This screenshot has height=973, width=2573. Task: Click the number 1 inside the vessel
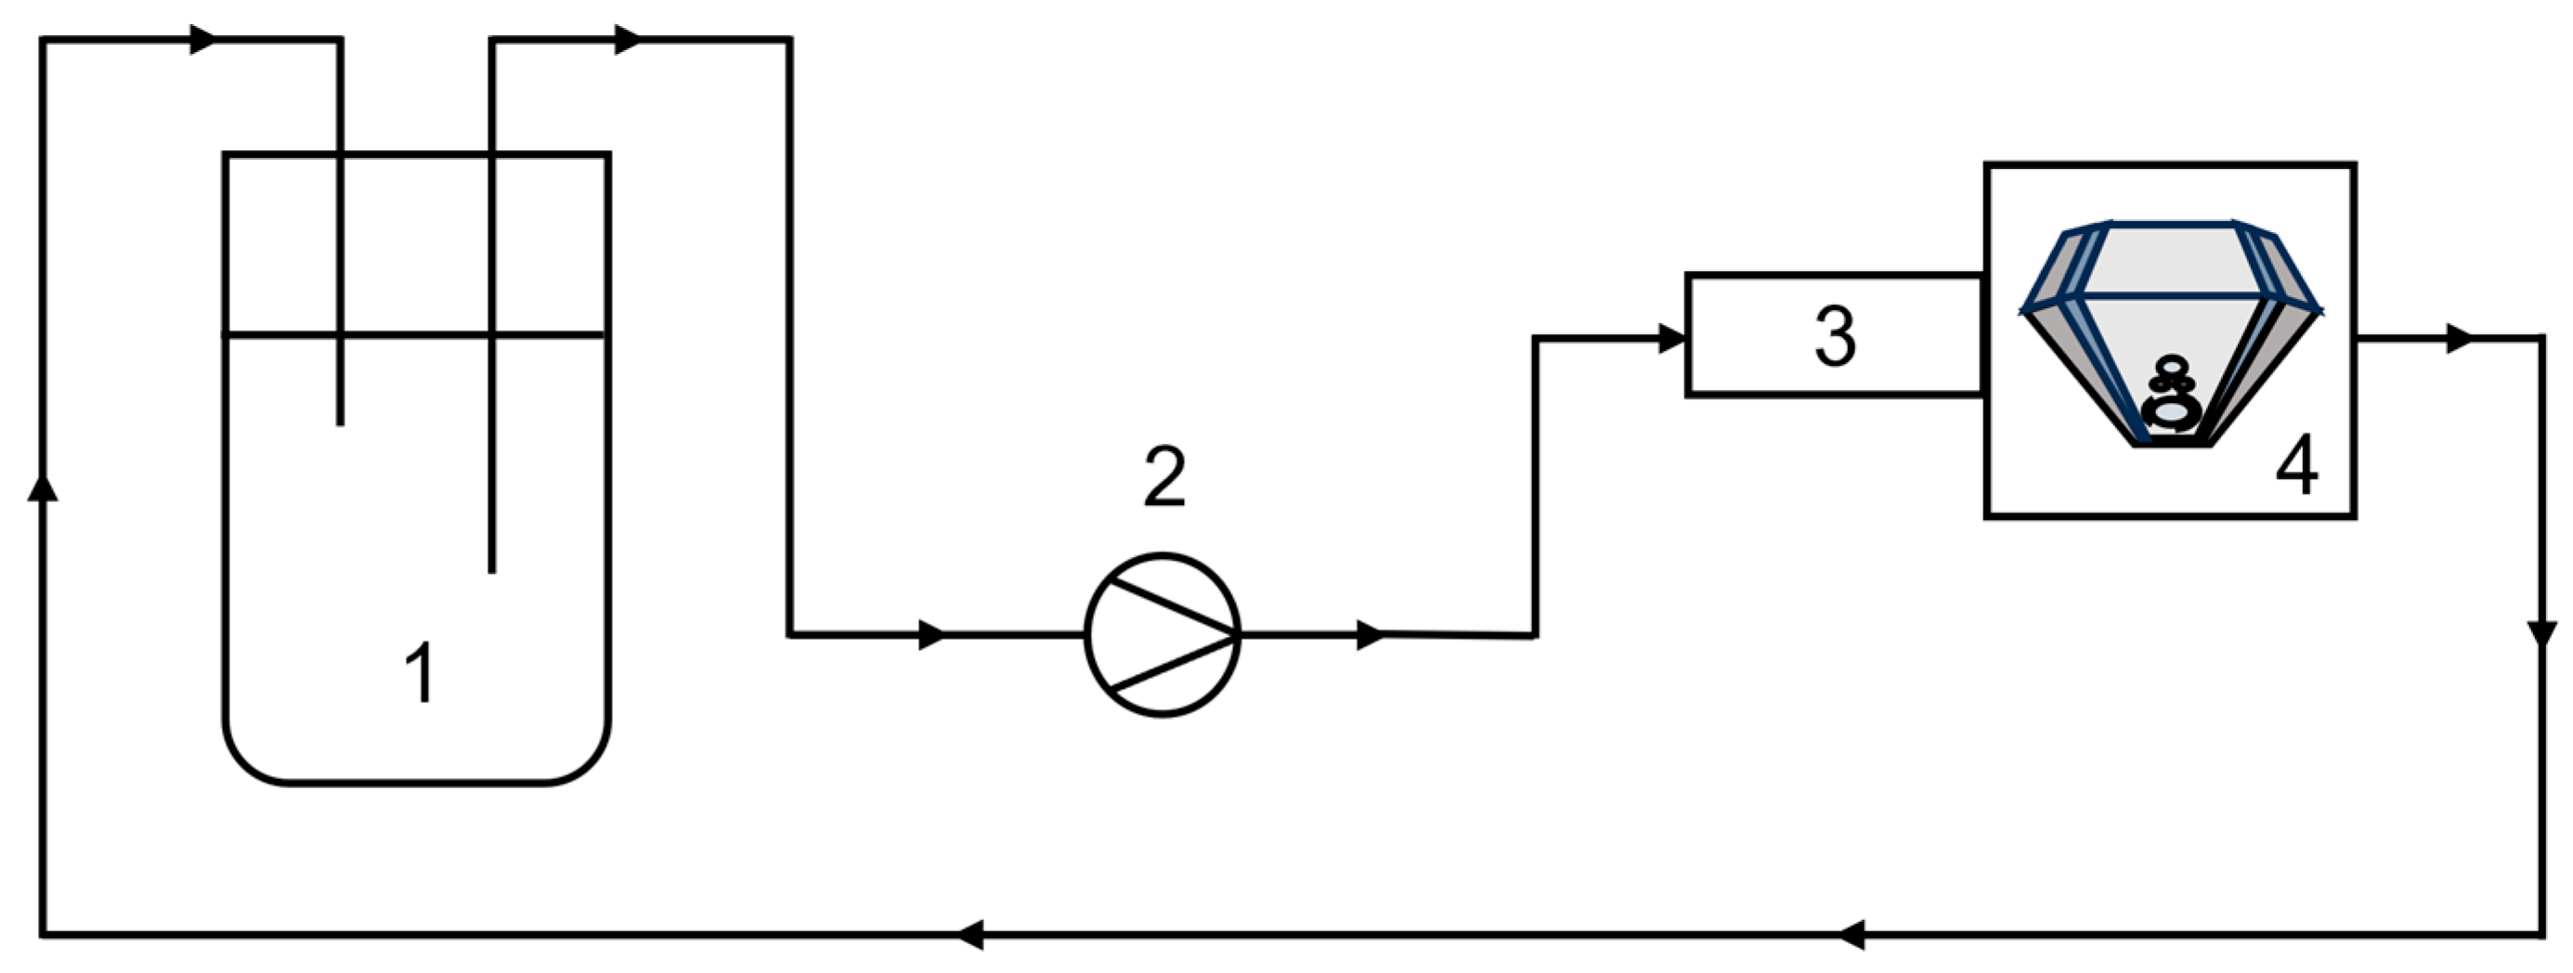(x=422, y=672)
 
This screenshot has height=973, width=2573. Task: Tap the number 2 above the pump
(x=1164, y=477)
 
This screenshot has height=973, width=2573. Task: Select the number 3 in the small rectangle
(x=1835, y=337)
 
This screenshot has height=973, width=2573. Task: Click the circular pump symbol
(x=1163, y=634)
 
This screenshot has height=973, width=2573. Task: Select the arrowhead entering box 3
(x=1672, y=339)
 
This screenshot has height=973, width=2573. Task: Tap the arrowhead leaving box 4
(x=2458, y=339)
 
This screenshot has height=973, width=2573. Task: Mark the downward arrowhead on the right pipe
(x=2542, y=634)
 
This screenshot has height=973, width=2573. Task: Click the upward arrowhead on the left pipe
(x=42, y=486)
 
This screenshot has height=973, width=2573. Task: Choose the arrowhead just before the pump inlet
(x=932, y=634)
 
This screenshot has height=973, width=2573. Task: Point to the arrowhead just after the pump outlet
(x=1371, y=634)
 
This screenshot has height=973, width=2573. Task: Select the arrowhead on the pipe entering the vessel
(x=202, y=40)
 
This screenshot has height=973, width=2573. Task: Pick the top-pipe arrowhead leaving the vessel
(x=628, y=40)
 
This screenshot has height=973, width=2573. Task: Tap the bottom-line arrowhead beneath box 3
(x=1851, y=935)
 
